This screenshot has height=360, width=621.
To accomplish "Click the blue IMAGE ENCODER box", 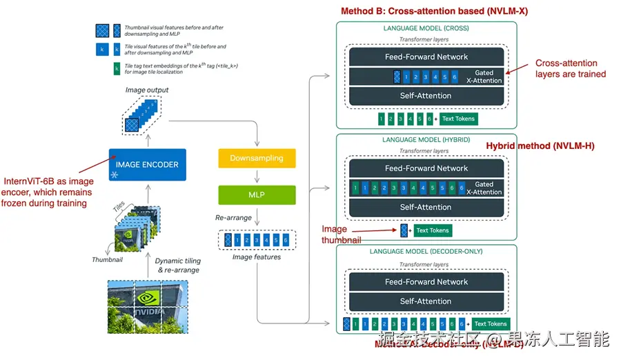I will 147,165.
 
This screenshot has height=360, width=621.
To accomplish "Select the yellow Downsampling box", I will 257,158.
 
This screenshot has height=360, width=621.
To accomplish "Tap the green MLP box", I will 257,194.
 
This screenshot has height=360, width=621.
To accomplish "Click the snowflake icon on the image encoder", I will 115,176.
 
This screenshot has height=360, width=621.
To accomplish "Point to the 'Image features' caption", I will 257,257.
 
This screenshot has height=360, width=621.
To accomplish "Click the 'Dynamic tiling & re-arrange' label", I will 177,266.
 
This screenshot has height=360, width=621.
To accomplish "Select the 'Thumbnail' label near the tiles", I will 107,259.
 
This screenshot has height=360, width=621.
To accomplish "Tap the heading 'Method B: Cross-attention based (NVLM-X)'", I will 435,11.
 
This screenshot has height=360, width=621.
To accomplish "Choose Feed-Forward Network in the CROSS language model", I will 426,57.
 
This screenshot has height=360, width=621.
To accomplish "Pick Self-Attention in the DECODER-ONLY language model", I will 426,301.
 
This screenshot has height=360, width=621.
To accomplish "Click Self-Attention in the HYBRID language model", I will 426,207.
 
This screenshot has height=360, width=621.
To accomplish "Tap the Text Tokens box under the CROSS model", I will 458,119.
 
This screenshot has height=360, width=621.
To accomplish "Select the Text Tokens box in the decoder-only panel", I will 491,323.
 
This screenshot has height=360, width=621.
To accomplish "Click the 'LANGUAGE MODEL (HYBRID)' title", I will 426,140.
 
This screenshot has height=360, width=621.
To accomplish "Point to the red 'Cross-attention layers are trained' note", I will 571,68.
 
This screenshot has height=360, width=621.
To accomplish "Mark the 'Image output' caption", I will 147,90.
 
